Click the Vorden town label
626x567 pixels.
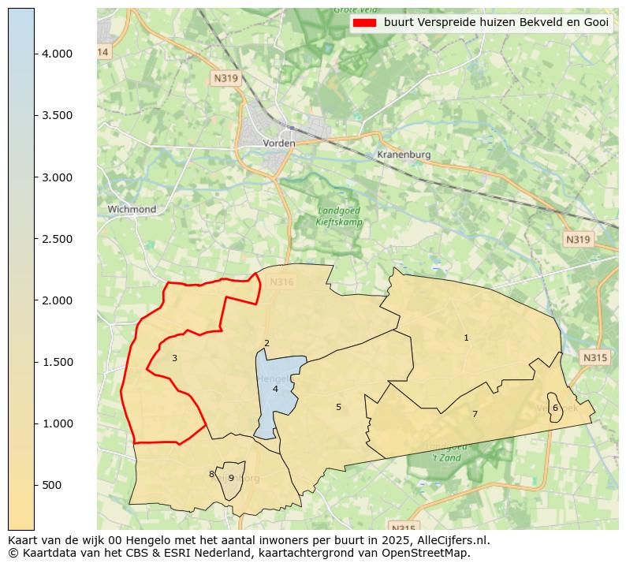tap(279, 144)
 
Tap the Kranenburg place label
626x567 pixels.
tap(404, 155)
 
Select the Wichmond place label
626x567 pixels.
tap(132, 209)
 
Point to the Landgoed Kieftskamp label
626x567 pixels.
tap(338, 216)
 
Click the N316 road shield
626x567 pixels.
tap(281, 282)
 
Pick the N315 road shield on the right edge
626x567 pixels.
tap(595, 357)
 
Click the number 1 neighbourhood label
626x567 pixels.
tap(466, 338)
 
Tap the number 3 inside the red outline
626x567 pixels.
tap(174, 358)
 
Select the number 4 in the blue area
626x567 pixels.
tap(275, 389)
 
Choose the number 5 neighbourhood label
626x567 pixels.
tap(338, 407)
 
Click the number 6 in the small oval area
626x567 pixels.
tap(555, 408)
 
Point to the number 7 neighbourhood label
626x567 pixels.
tap(475, 414)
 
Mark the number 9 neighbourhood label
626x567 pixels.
tap(231, 478)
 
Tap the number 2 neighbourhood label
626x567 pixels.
tap(266, 343)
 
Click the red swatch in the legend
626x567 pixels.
tap(365, 23)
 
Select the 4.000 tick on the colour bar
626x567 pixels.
tap(57, 54)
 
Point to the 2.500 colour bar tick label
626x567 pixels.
tap(57, 239)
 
